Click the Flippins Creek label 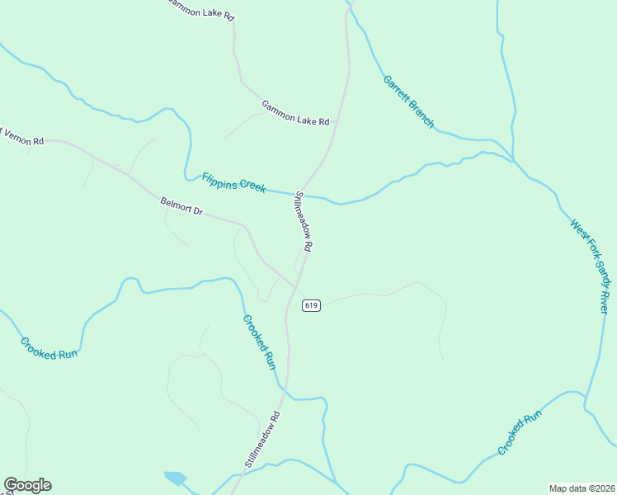point(234,181)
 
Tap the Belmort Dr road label point(181,205)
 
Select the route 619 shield point(311,305)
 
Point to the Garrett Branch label point(408,101)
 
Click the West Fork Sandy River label point(591,266)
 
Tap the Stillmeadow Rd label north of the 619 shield point(304,221)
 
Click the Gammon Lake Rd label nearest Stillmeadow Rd point(295,112)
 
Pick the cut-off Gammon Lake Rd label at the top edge point(200,11)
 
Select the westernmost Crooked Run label point(49,349)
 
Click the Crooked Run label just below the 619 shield point(258,342)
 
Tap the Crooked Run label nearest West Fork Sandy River point(520,432)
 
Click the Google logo point(27,485)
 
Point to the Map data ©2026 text point(581,488)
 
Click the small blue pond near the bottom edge point(176,478)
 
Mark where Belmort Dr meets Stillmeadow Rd point(296,287)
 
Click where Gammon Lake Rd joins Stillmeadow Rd point(335,125)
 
